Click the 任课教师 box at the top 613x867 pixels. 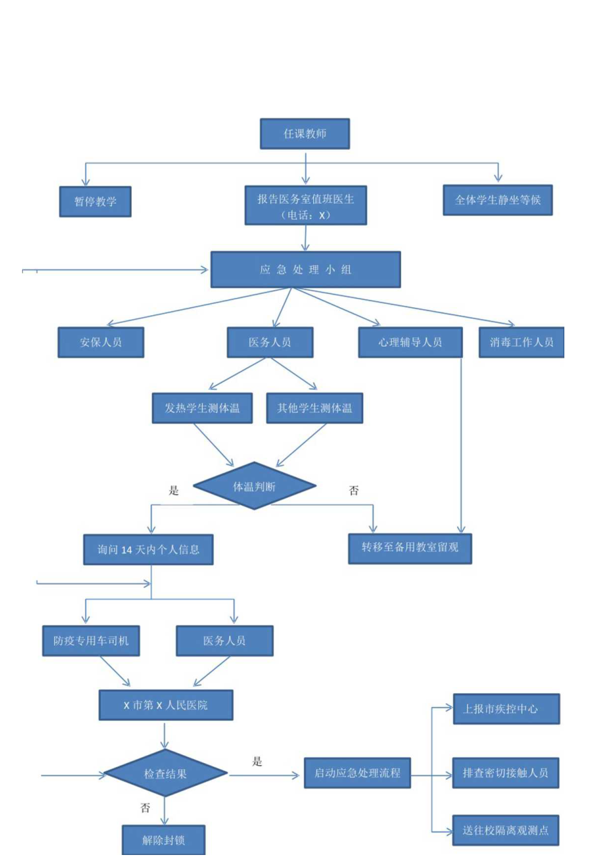pos(305,135)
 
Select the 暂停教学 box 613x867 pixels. pos(93,201)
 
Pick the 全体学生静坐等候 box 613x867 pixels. pos(498,200)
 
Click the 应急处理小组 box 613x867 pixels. pos(305,270)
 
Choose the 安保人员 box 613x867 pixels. pos(101,343)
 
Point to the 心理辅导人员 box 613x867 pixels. pos(410,343)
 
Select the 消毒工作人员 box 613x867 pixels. pos(522,343)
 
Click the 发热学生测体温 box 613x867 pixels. pos(202,408)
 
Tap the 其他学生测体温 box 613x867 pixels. pos(314,408)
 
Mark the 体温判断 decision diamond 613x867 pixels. pos(254,486)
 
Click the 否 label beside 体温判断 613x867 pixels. pos(354,490)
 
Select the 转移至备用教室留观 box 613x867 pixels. pos(410,548)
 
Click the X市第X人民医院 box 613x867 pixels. pos(166,705)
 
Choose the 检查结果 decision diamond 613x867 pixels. pos(166,774)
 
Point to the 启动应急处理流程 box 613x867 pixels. pos(357,773)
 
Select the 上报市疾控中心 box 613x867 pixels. pos(506,709)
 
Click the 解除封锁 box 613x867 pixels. pos(164,840)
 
